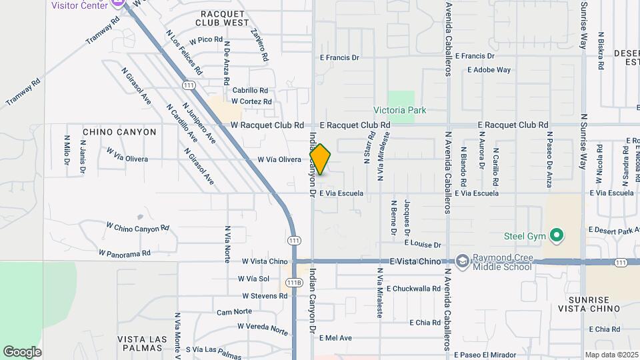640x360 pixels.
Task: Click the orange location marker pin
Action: (x=320, y=159)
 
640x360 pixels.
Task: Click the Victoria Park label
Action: (x=399, y=110)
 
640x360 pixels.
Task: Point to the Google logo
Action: (x=22, y=351)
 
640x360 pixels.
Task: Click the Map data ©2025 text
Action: (x=611, y=355)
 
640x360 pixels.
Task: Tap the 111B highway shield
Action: (x=294, y=283)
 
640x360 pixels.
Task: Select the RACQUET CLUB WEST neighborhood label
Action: (x=222, y=17)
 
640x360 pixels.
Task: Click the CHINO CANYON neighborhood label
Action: (x=119, y=132)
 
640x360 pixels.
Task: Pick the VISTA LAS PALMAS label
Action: (x=142, y=344)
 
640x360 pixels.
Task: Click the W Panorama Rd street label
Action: (x=125, y=253)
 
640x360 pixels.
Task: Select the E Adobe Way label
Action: (x=489, y=69)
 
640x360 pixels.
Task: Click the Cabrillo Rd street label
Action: (x=250, y=91)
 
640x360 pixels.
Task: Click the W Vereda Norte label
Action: (x=263, y=329)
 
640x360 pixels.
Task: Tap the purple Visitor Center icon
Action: (x=119, y=3)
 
